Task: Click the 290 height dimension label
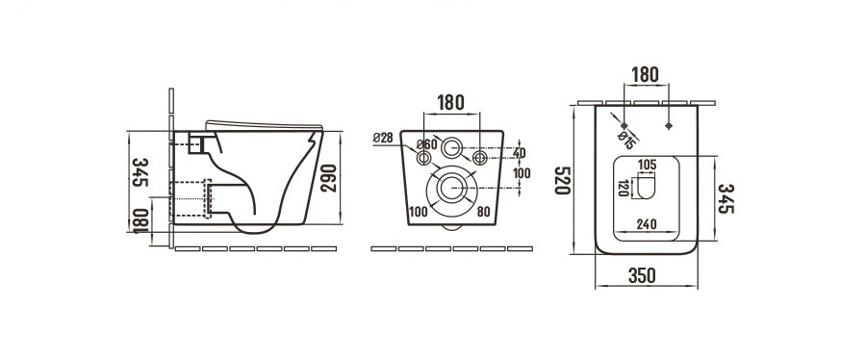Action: coord(329,178)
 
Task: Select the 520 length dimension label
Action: coord(563,180)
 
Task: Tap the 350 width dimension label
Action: coord(642,275)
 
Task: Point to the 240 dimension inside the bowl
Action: coord(647,224)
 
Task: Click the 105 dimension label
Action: coord(647,164)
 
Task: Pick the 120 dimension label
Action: coord(624,189)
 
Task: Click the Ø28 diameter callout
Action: coord(383,138)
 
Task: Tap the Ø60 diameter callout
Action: coord(426,144)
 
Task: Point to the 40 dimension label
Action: coord(520,152)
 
